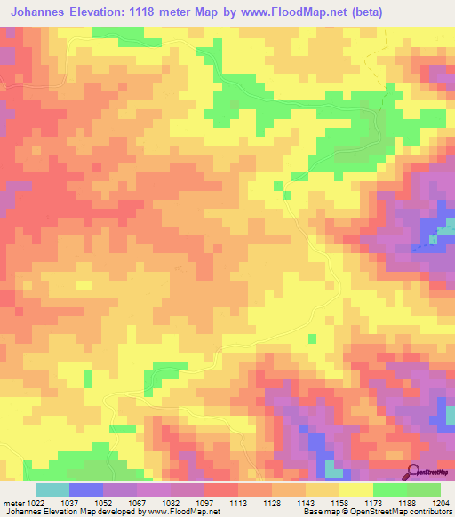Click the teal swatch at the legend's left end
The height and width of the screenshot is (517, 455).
pos(52,489)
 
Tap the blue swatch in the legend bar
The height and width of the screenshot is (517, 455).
pos(86,489)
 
